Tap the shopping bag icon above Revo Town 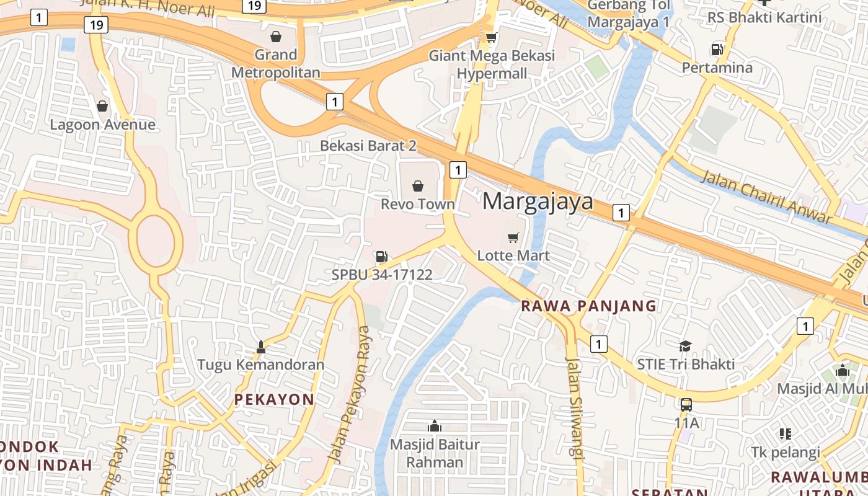point(418,185)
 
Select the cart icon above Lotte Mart point(513,237)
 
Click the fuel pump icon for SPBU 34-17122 point(381,256)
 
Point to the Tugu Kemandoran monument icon point(260,347)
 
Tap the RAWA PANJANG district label point(588,306)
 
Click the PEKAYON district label point(274,400)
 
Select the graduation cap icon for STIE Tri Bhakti point(685,346)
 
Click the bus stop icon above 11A point(686,405)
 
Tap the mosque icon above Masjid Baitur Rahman point(435,426)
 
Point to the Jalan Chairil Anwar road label point(766,197)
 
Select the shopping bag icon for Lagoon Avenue point(102,106)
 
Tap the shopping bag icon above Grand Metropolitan point(276,37)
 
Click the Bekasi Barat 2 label point(368,146)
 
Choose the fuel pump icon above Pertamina point(717,49)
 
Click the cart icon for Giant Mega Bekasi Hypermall point(491,38)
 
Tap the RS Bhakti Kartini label point(764,17)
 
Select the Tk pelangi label point(785,452)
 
